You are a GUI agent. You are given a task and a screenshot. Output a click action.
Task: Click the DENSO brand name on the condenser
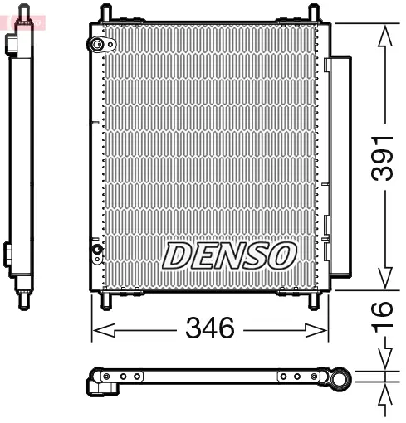click(x=229, y=255)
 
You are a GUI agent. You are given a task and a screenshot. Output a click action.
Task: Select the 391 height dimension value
click(x=379, y=158)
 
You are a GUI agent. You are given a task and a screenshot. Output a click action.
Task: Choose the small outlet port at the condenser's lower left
click(x=97, y=248)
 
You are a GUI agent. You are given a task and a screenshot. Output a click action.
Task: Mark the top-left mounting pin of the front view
click(x=107, y=14)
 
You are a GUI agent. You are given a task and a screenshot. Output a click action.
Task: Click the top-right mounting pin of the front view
click(x=313, y=14)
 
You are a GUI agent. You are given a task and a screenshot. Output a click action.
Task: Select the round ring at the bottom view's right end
click(x=340, y=381)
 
